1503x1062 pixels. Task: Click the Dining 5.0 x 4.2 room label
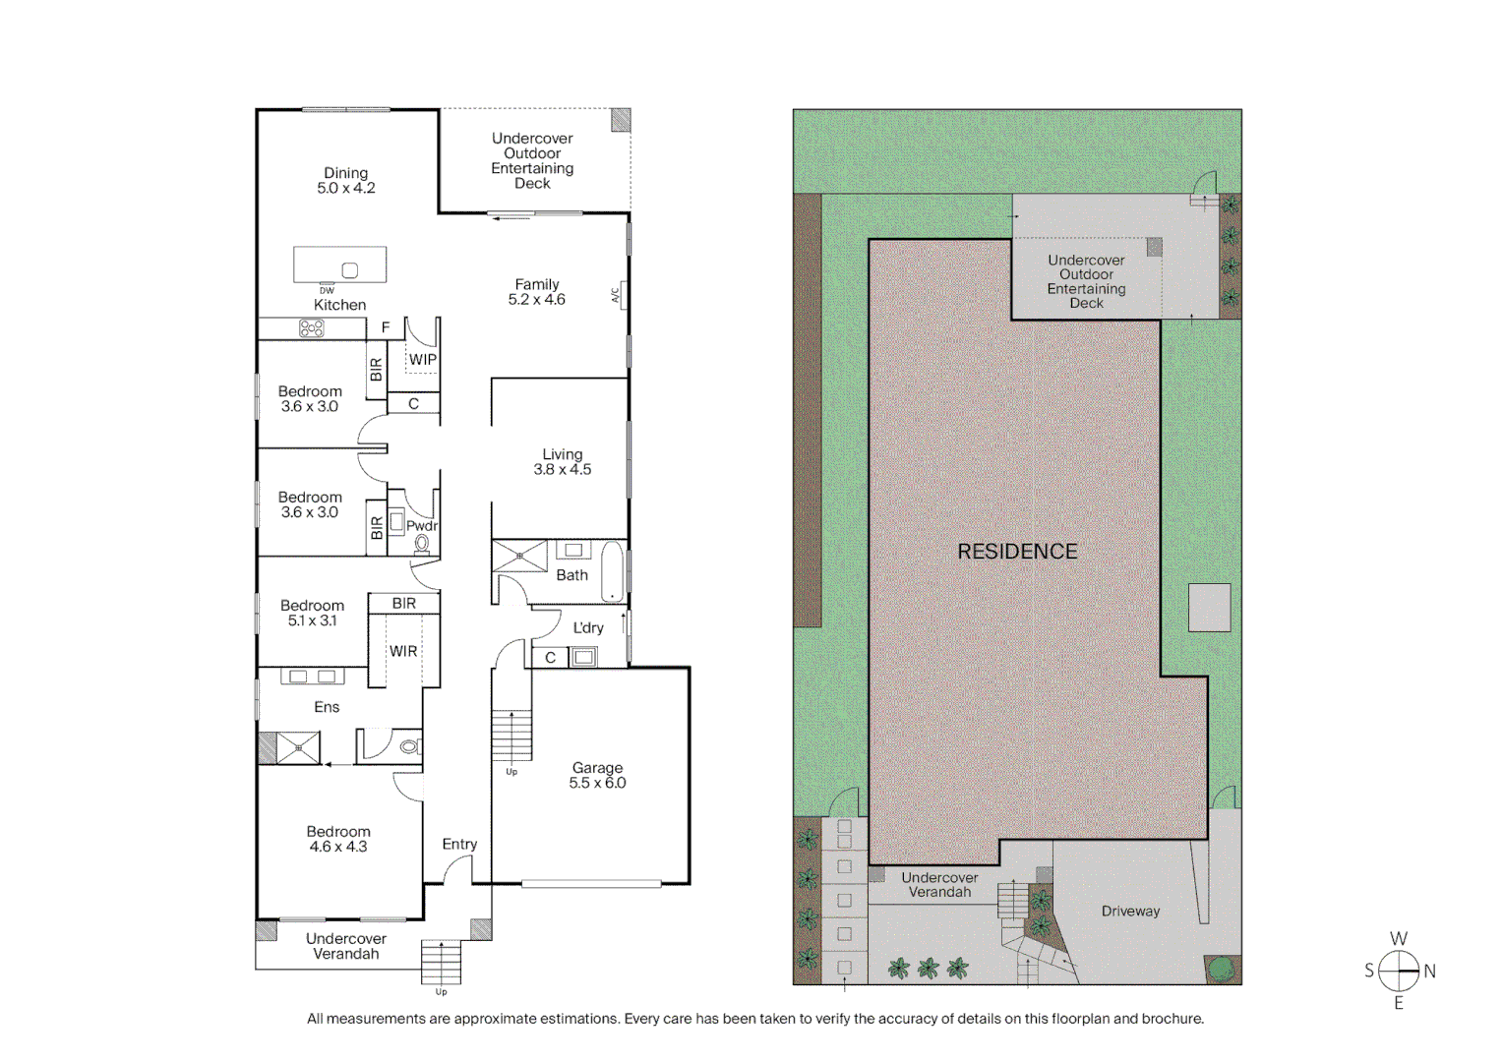345,181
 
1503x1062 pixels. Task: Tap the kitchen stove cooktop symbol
311,328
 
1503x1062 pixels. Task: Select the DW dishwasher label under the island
327,291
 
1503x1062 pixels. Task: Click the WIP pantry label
423,360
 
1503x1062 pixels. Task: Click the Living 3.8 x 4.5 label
562,462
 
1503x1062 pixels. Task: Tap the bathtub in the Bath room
612,570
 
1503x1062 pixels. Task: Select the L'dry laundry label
588,628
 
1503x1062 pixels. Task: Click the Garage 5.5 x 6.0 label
597,776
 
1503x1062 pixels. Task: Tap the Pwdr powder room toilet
422,544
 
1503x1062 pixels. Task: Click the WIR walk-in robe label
403,651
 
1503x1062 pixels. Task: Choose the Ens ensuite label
327,707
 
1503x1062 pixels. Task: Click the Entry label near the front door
459,845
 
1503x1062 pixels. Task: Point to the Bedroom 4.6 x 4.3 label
338,839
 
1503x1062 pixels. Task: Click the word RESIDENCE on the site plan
1017,552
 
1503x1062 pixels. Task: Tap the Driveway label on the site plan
1130,912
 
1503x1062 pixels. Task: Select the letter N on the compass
1429,972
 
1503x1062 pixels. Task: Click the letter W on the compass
1398,939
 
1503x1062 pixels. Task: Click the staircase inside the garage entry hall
511,736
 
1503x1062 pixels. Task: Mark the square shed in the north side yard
1209,608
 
